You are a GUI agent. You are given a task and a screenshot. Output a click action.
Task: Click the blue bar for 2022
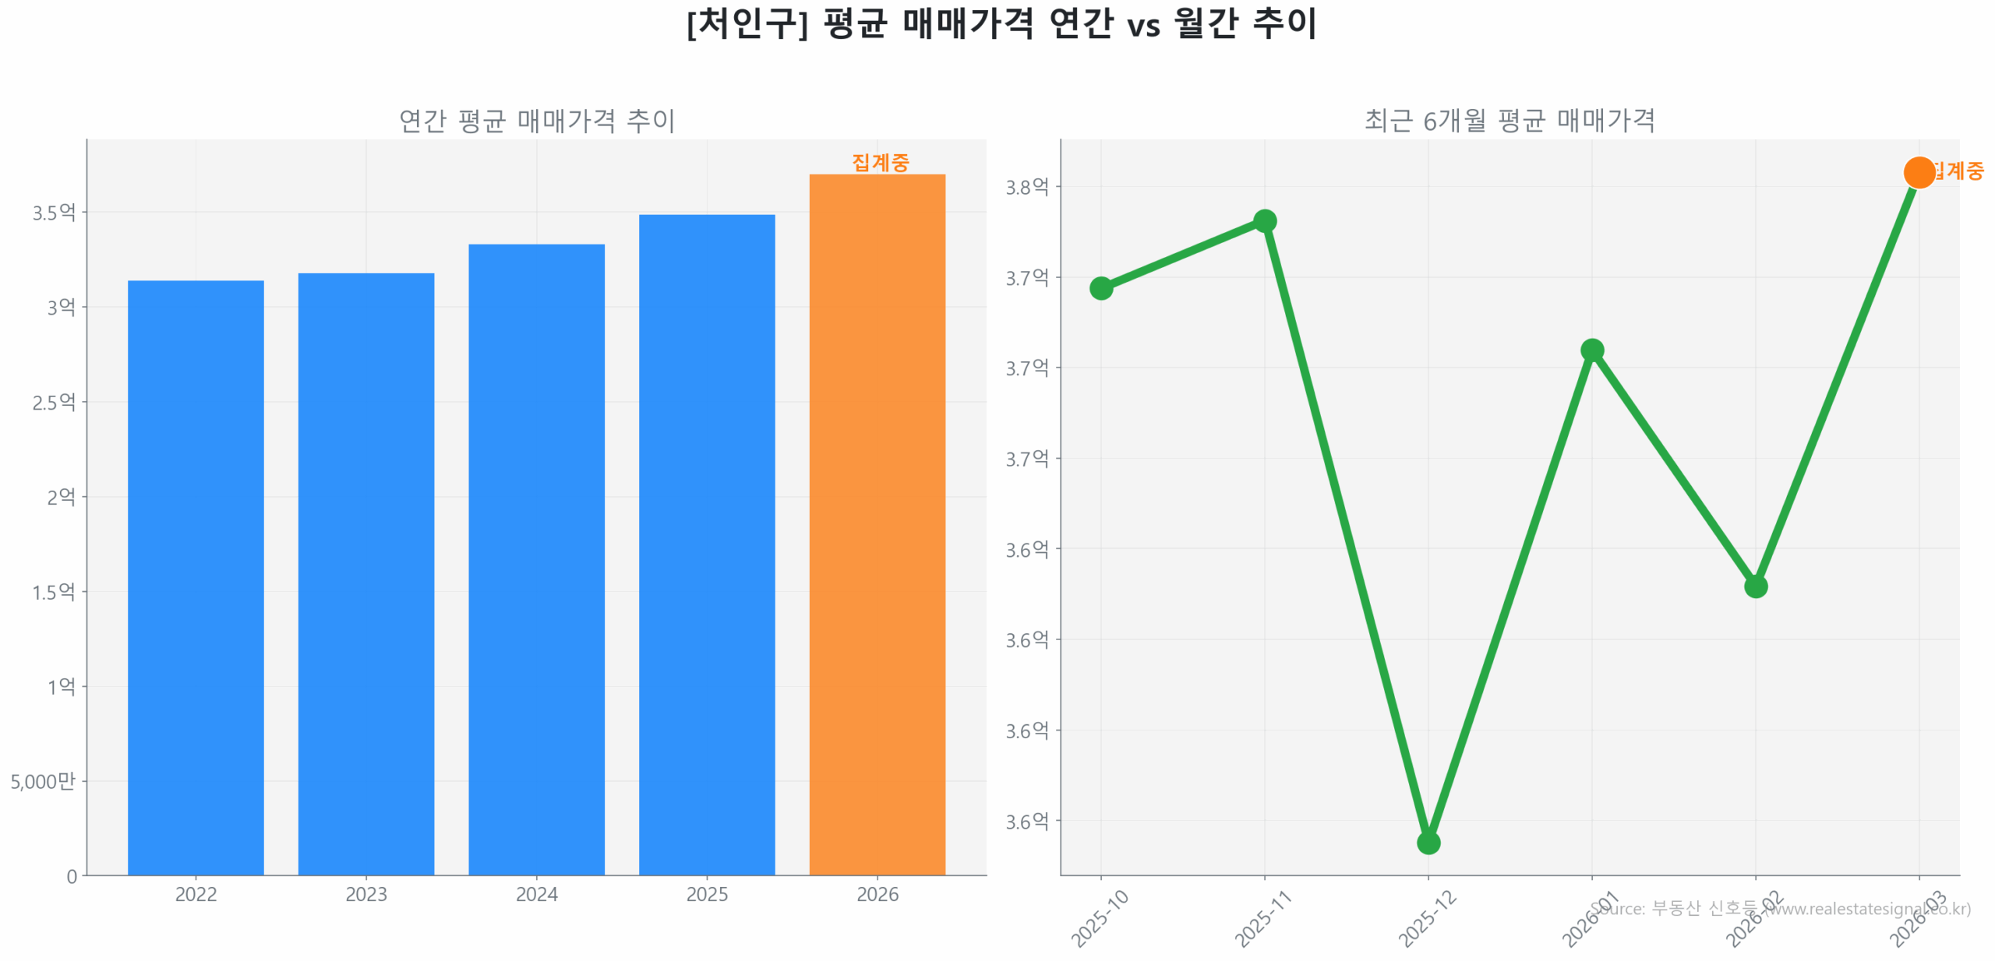tap(195, 576)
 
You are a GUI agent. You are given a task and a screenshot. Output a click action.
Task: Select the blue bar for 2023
tap(365, 572)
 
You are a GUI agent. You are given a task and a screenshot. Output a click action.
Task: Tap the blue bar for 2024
tap(536, 558)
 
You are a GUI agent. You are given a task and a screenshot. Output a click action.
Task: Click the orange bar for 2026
tap(877, 523)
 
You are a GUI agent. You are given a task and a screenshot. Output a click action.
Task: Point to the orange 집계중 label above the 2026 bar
tap(880, 162)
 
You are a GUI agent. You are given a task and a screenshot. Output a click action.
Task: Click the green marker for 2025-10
tap(1100, 288)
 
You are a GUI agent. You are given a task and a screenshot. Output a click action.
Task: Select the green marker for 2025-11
tap(1264, 221)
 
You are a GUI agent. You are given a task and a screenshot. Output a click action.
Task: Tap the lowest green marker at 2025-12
tap(1428, 843)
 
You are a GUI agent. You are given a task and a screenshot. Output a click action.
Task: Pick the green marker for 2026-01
tap(1591, 350)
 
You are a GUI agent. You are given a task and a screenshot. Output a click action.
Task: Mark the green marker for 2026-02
tap(1755, 586)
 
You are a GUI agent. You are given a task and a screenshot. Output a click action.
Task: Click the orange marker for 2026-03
tap(1919, 172)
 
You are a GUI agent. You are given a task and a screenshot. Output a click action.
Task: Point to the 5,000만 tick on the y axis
tap(43, 781)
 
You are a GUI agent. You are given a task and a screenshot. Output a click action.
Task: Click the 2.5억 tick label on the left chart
tap(54, 402)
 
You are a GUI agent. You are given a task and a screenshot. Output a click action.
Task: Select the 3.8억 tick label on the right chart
tap(1026, 187)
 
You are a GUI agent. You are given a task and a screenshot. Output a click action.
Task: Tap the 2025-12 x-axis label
tap(1426, 919)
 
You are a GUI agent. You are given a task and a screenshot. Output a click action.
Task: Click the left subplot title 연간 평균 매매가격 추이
tap(536, 121)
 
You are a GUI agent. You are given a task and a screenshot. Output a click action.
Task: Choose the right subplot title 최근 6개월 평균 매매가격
tap(1509, 121)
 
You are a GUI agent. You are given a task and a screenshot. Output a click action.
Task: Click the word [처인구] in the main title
tap(747, 23)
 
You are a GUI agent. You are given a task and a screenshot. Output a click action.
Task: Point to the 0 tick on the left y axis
tap(72, 877)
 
